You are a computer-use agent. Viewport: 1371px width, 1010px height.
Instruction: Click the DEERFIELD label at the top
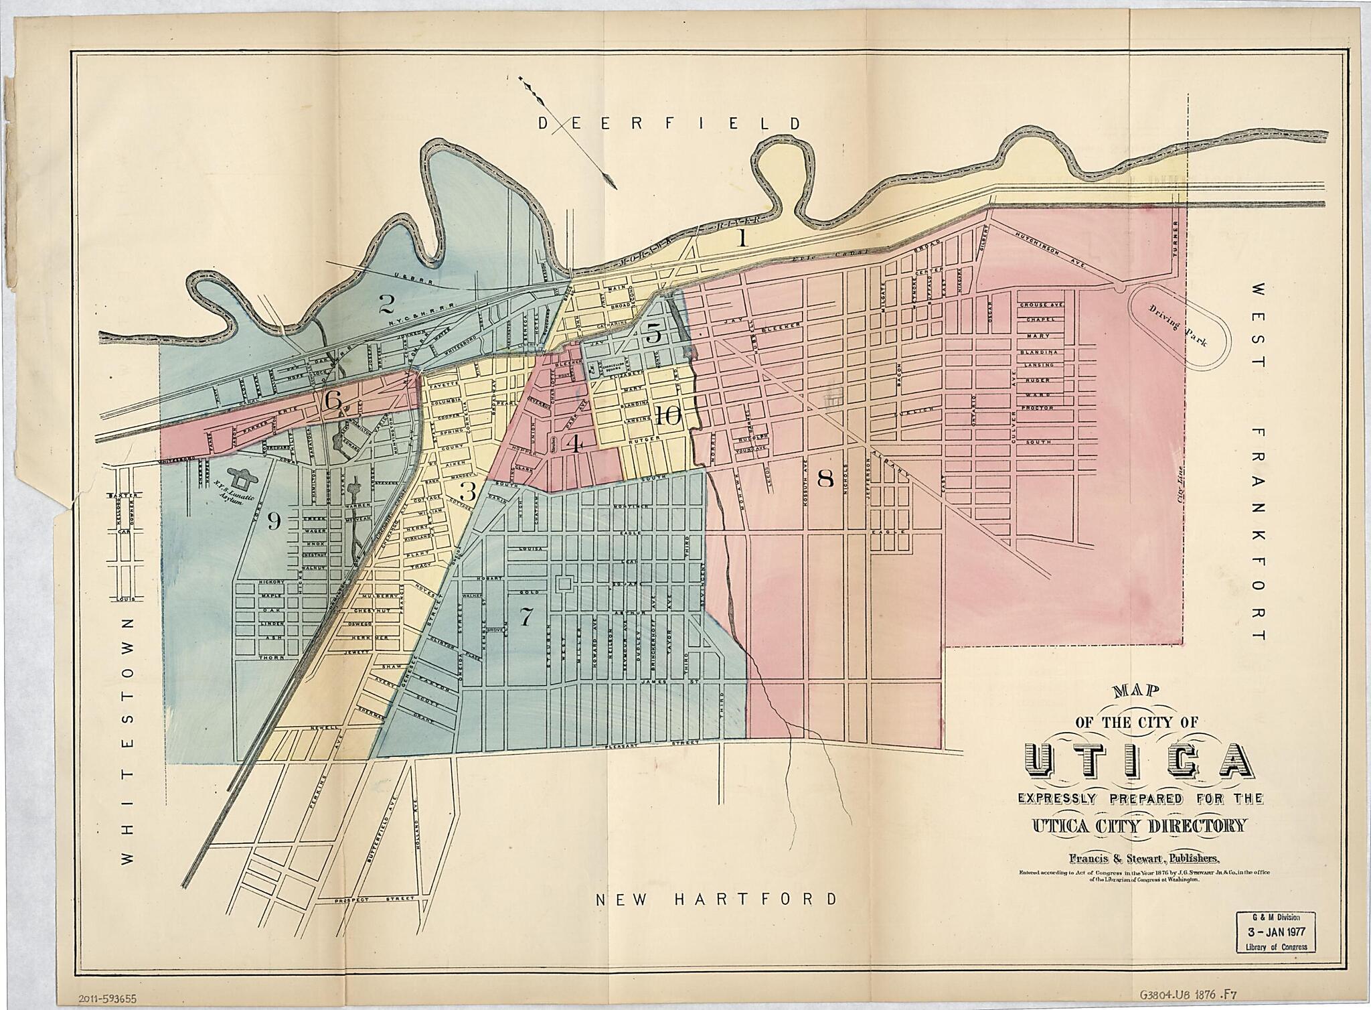(669, 123)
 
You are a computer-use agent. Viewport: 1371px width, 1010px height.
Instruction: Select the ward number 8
(825, 478)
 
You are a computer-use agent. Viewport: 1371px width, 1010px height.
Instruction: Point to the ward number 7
(527, 614)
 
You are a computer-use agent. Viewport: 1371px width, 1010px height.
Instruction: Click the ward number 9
(273, 520)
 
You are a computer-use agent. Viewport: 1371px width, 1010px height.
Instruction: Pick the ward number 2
(386, 305)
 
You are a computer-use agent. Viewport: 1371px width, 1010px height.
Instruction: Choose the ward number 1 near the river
(741, 238)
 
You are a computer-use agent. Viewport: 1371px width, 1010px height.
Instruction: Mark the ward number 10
(667, 417)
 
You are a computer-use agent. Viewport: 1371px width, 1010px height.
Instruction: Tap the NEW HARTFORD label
(716, 899)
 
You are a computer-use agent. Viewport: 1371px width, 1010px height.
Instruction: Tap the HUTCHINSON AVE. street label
(1054, 248)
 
